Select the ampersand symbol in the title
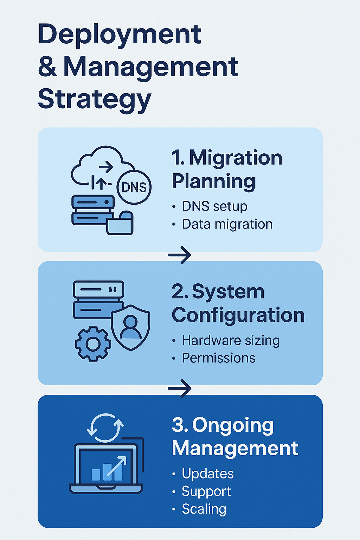tap(47, 67)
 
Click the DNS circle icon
tap(134, 187)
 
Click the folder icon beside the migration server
tap(120, 224)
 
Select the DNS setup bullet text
tap(214, 206)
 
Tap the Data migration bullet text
tap(227, 224)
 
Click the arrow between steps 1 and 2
tap(180, 255)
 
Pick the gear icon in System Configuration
tap(93, 344)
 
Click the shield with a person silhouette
tap(131, 327)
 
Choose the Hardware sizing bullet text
tap(231, 340)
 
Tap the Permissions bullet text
tap(218, 358)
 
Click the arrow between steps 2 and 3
tap(180, 388)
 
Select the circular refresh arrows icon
tap(105, 427)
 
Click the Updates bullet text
tap(207, 474)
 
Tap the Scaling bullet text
tap(204, 509)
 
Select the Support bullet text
tap(206, 491)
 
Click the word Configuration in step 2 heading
tap(238, 315)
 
